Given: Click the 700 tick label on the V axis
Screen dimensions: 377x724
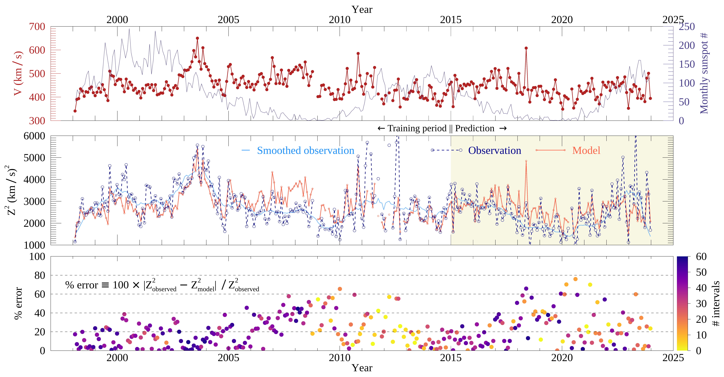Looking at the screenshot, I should coord(37,27).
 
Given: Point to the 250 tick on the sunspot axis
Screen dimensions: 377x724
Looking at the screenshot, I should coord(687,27).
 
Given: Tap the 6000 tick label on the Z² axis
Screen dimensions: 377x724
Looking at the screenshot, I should coord(34,136).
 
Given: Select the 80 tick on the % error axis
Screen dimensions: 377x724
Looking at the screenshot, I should coord(40,275).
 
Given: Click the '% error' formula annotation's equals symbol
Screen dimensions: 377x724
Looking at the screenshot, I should coord(105,285).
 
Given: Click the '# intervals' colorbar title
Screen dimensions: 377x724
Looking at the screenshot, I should coord(716,303).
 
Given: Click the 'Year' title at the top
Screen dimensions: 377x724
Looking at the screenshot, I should coord(362,9).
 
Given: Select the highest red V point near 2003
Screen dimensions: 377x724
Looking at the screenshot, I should coord(197,38).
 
